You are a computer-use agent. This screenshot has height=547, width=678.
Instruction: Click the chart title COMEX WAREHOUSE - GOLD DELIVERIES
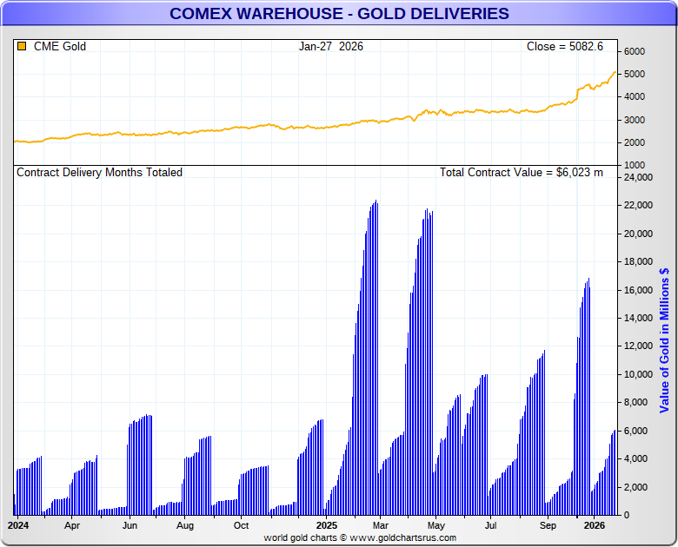point(339,14)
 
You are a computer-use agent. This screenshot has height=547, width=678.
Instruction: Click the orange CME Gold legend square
point(22,46)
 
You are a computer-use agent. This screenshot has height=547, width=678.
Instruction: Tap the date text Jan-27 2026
point(330,46)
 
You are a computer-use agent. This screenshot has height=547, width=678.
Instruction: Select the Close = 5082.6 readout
point(564,46)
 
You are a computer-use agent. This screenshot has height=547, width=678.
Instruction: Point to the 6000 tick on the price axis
point(634,51)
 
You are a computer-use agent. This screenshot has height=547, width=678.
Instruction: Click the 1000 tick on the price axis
point(634,165)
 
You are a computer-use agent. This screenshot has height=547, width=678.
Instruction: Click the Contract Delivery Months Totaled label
point(100,172)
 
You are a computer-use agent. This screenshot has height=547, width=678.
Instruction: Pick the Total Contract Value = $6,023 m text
point(521,172)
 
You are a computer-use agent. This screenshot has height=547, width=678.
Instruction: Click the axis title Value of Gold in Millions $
point(665,339)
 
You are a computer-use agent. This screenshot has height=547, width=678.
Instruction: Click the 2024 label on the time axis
point(18,525)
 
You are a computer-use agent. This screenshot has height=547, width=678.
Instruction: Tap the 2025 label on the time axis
point(326,525)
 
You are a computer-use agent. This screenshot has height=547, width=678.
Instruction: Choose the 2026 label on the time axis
point(595,525)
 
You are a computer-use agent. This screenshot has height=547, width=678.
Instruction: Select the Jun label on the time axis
point(130,525)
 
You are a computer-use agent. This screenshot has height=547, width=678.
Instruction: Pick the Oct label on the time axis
point(241,525)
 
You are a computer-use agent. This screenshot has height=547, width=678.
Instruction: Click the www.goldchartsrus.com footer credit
point(360,537)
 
